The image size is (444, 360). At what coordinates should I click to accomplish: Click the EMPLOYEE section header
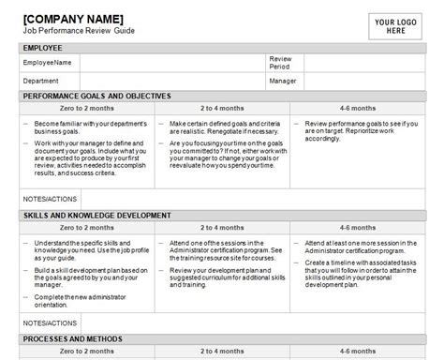click(44, 46)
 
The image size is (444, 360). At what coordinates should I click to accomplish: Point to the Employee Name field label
click(49, 62)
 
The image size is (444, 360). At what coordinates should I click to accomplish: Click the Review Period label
click(280, 62)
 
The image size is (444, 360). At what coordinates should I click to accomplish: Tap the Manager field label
click(283, 81)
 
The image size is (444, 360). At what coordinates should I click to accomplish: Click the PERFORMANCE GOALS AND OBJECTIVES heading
click(97, 96)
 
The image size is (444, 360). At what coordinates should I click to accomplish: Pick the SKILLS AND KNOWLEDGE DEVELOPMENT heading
click(97, 216)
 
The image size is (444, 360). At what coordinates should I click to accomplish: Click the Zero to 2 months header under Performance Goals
click(87, 109)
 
